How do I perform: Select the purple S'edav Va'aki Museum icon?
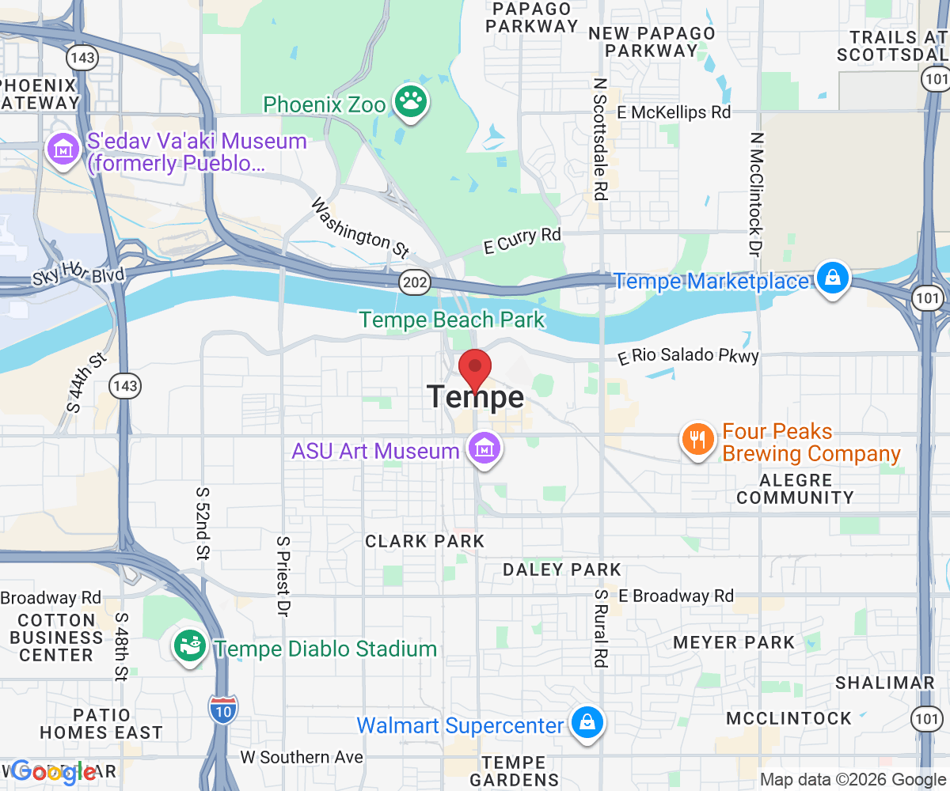(x=61, y=148)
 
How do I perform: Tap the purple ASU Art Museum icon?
(x=483, y=448)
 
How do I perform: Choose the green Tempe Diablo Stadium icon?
(x=190, y=646)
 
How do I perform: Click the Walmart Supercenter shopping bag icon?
(x=587, y=723)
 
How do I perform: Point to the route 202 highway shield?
(x=413, y=282)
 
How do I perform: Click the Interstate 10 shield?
(x=223, y=706)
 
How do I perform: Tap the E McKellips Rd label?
(x=674, y=112)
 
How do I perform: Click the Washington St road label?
(x=359, y=228)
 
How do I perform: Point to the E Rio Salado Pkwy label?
(x=688, y=356)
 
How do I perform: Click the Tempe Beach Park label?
(x=452, y=320)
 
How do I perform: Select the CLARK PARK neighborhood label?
(x=424, y=541)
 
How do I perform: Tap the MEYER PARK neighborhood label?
(x=733, y=642)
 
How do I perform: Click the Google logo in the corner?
(x=53, y=772)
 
